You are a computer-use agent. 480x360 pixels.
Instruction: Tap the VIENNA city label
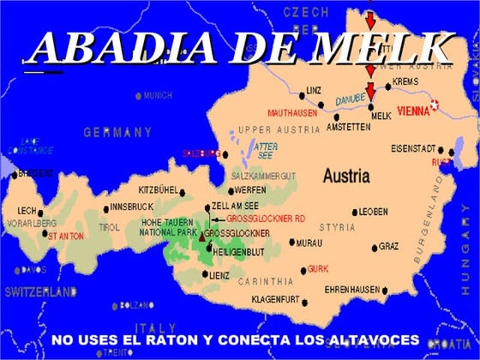(x=410, y=109)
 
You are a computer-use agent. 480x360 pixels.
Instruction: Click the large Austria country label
(x=346, y=176)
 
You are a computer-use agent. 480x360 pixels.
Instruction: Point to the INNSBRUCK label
(x=131, y=207)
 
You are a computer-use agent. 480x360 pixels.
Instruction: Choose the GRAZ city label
(x=389, y=246)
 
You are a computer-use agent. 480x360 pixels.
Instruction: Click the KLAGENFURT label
(x=276, y=299)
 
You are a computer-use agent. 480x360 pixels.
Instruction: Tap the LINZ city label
(x=313, y=90)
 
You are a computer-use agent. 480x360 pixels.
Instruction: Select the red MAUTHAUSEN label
(x=293, y=112)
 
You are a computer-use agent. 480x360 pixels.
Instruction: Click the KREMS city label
(x=405, y=82)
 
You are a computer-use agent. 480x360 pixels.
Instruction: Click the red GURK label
(x=318, y=267)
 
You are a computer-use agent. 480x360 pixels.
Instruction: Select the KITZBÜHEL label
(x=159, y=189)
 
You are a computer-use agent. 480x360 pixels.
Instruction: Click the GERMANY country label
(x=117, y=132)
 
